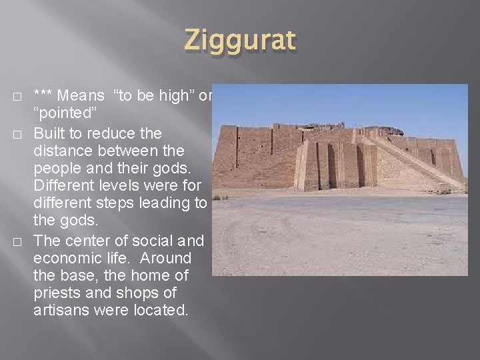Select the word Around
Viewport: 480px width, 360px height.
click(x=167, y=258)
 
